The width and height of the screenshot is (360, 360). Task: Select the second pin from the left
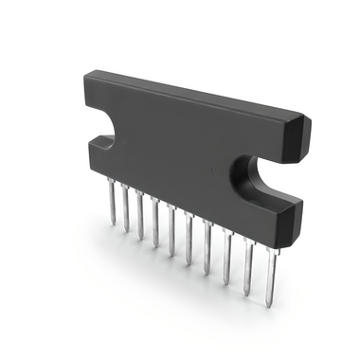click(127, 209)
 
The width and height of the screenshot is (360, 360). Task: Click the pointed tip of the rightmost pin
click(271, 306)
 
